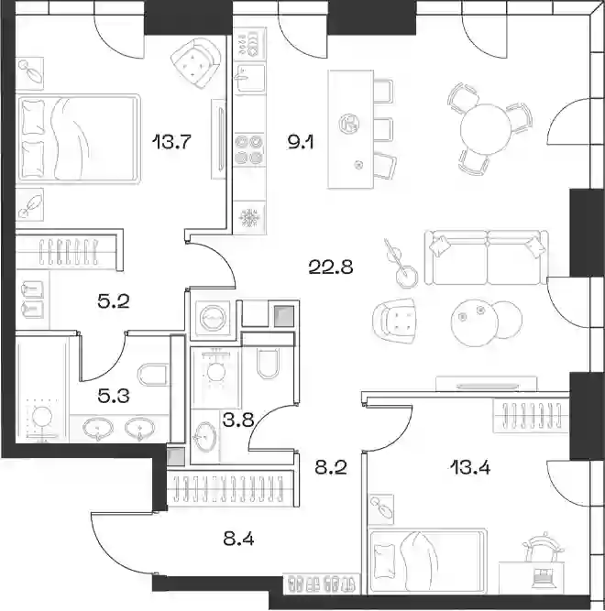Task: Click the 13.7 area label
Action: [171, 141]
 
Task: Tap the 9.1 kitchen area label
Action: [300, 143]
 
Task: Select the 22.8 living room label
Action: [331, 267]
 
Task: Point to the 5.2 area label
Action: [114, 301]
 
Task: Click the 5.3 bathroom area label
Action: [114, 397]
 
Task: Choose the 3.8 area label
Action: [238, 420]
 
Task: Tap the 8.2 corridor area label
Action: [331, 467]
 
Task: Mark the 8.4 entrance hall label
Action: [238, 540]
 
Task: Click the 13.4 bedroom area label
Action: [470, 467]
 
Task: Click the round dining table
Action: [485, 128]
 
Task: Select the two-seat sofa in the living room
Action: [487, 257]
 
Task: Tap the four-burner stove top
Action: [249, 149]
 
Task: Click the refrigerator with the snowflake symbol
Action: [248, 217]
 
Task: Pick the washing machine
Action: [213, 319]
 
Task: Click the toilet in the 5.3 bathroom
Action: [153, 375]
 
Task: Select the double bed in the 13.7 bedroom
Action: [78, 138]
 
